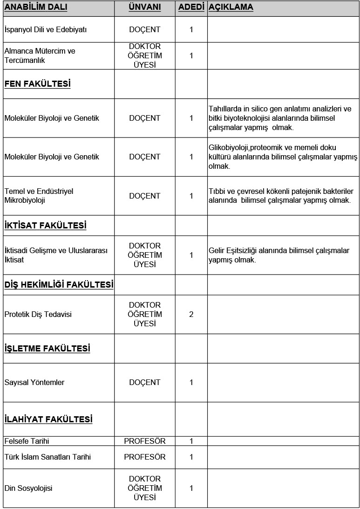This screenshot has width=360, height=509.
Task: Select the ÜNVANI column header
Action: tap(144, 8)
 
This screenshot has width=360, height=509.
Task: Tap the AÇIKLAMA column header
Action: tap(231, 8)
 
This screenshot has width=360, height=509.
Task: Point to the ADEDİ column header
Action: tap(191, 8)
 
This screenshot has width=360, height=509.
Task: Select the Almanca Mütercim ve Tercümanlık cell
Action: tap(40, 55)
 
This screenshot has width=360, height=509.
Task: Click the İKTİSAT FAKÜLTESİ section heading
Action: tap(45, 226)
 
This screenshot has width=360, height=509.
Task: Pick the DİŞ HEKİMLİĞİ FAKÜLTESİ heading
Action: tap(58, 284)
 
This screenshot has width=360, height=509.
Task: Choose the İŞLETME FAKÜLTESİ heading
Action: tap(47, 349)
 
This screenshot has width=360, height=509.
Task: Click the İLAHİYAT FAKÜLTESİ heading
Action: tap(48, 419)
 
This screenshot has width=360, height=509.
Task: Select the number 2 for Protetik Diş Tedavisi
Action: tap(191, 314)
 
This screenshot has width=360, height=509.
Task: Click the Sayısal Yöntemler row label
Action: tap(34, 383)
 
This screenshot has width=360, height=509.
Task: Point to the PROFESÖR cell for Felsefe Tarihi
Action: tap(144, 441)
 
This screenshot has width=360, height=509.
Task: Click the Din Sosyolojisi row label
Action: tap(28, 488)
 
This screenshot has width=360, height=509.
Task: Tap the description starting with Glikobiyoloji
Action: tap(283, 157)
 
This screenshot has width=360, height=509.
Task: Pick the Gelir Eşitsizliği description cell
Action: tap(278, 255)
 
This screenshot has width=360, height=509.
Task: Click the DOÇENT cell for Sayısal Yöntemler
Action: tap(144, 383)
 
